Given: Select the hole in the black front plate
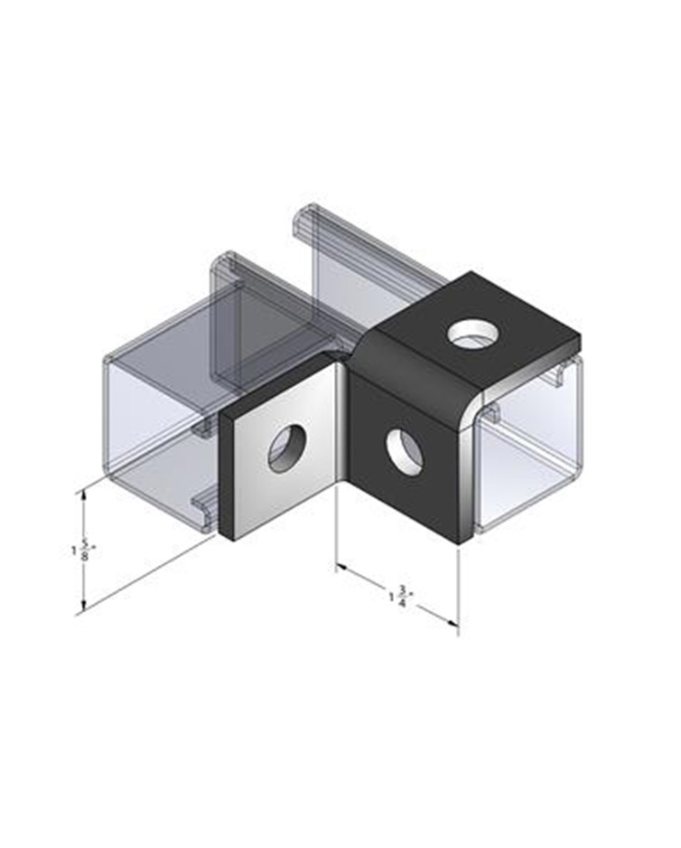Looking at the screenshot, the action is click(x=403, y=452).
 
